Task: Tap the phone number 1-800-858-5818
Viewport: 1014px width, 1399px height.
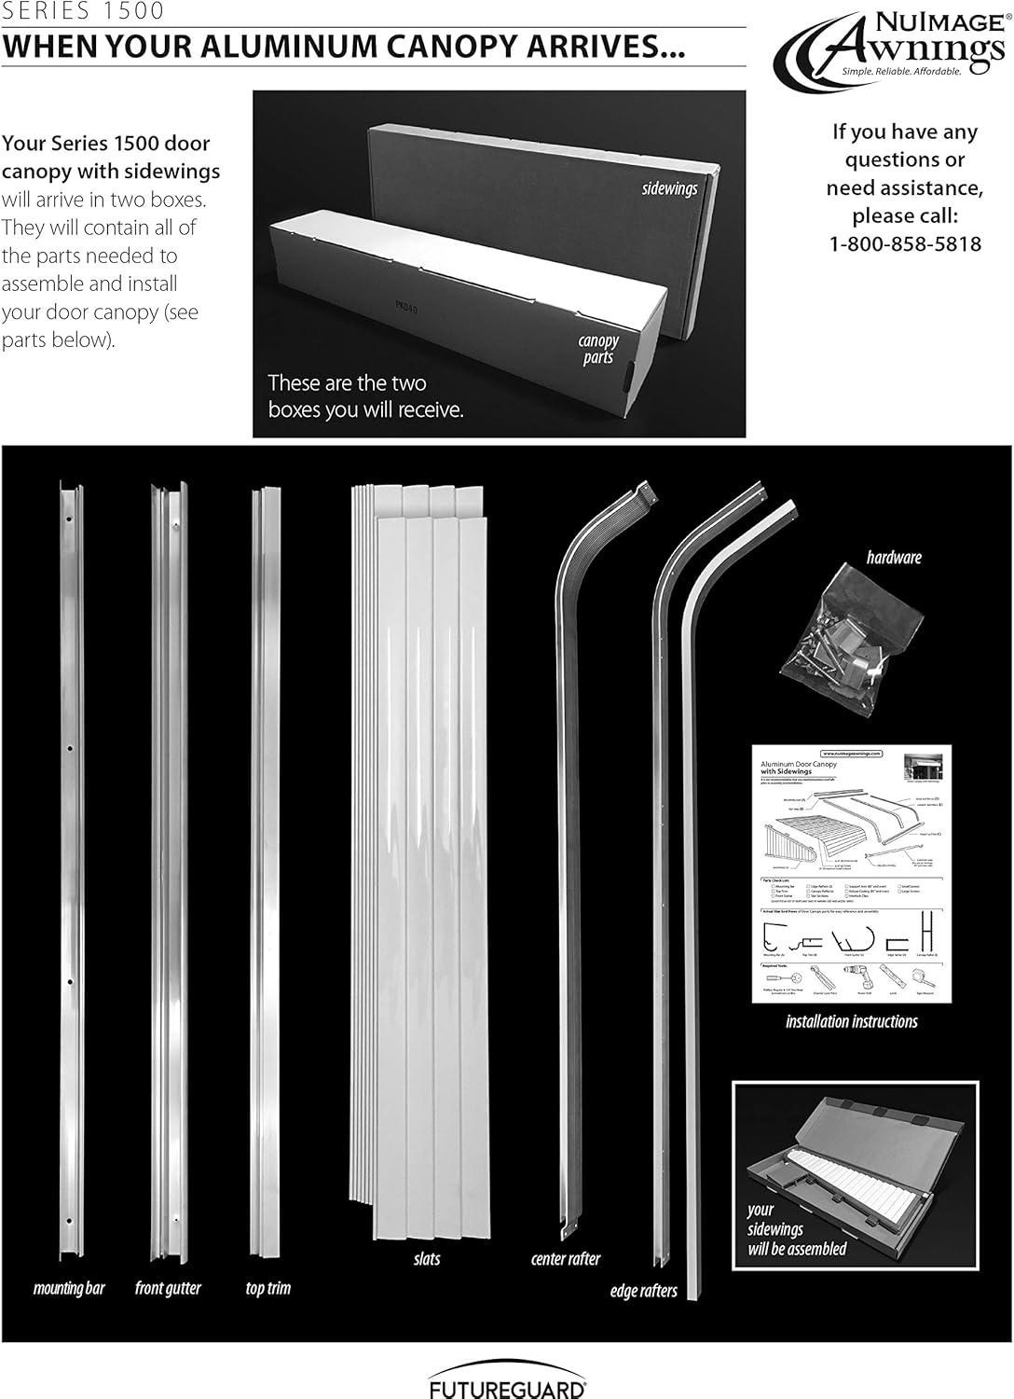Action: point(905,244)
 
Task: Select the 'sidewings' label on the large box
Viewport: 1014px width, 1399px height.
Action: point(669,188)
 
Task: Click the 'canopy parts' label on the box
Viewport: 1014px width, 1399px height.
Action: point(597,349)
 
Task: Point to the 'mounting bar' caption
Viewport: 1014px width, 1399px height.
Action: point(69,1289)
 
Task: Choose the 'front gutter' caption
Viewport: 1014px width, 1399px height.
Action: point(168,1289)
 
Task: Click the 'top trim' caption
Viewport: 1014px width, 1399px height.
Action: point(268,1289)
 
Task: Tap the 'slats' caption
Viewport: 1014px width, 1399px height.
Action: point(427,1259)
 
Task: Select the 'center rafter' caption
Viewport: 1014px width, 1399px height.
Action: point(566,1259)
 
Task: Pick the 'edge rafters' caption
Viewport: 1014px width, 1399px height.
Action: point(643,1292)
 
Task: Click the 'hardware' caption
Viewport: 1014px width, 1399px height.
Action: point(893,558)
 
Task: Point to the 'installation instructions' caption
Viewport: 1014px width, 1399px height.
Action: point(851,1022)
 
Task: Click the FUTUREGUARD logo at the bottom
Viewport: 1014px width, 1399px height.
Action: point(507,1382)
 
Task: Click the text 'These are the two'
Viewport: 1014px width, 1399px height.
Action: point(347,383)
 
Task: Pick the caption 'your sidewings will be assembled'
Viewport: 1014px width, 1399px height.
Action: point(797,1229)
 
